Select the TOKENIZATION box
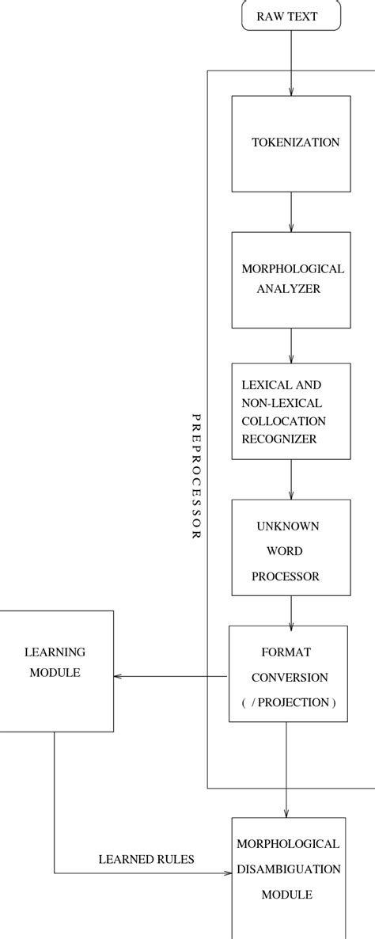pos(290,143)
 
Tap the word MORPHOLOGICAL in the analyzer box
pos(292,269)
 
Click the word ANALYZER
pos(288,289)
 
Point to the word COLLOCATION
pos(283,420)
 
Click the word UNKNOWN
pos(287,526)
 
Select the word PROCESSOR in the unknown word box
pos(286,576)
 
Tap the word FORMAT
pos(286,652)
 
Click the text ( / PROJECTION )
pos(288,702)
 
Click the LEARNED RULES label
pos(146,859)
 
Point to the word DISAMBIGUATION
pos(288,869)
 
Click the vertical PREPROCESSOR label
pos(197,476)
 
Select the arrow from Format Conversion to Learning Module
pos(171,676)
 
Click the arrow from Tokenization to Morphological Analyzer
pos(291,211)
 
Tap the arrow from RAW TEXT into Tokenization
pos(291,63)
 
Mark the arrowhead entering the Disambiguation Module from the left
pos(228,873)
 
